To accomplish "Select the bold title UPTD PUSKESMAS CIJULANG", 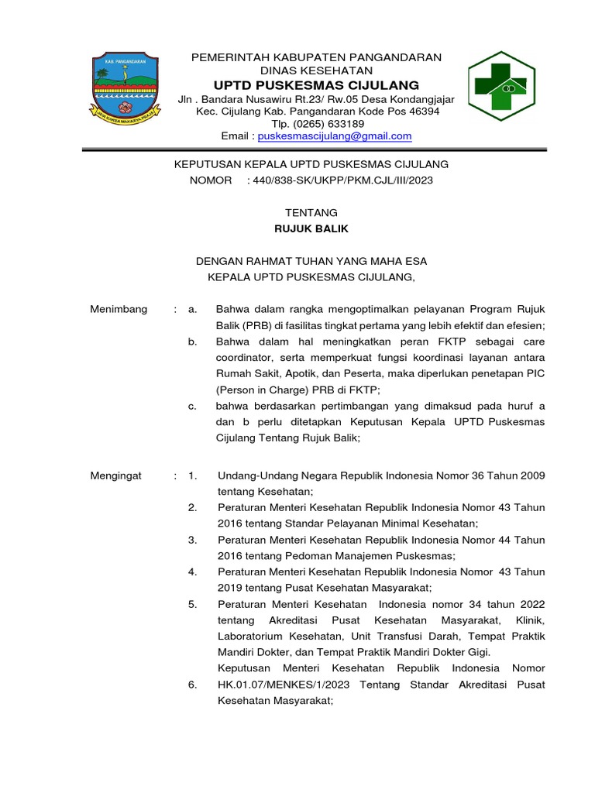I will click(316, 85).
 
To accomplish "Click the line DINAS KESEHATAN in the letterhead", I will click(316, 70).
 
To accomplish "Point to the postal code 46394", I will click(423, 112).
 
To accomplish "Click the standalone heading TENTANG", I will click(311, 212).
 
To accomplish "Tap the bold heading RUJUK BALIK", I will click(311, 228).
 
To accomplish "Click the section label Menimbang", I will click(119, 310).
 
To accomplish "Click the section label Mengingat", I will click(116, 475).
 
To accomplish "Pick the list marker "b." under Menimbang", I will click(193, 342).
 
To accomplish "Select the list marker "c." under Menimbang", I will click(193, 406).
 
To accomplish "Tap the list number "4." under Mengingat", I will click(193, 572).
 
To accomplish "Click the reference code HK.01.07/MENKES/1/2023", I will click(283, 685).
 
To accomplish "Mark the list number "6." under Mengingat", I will click(193, 685).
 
